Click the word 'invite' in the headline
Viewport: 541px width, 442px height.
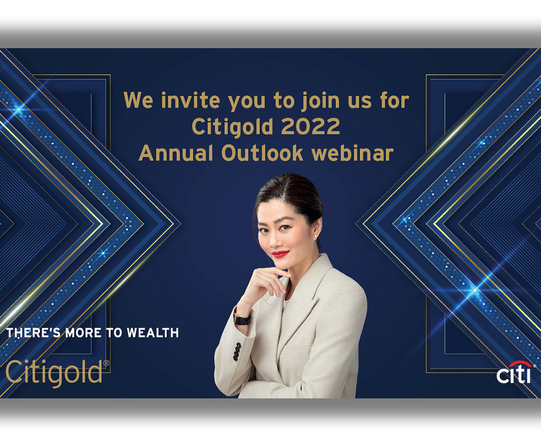[x=190, y=100]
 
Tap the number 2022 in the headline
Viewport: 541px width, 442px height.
[x=311, y=126]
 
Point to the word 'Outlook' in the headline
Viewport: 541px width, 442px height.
[x=262, y=153]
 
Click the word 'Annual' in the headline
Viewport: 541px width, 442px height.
[x=176, y=153]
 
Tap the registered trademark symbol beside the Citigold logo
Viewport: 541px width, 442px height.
[x=106, y=363]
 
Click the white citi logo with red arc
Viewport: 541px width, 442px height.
[x=514, y=373]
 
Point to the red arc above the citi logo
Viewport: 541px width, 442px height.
[x=520, y=364]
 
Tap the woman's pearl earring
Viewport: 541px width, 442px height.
[x=316, y=236]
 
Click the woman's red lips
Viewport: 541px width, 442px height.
[x=280, y=254]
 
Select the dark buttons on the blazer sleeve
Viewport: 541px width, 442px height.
[x=237, y=352]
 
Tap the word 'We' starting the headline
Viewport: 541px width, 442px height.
[x=138, y=100]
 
